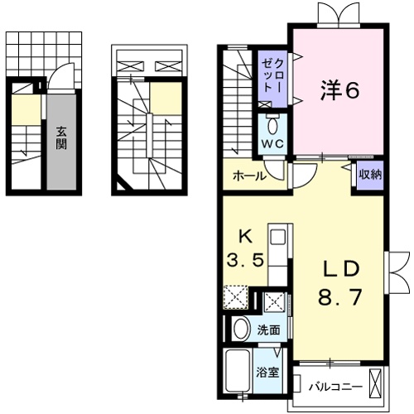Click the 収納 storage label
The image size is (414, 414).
(370, 175)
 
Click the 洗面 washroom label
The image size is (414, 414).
(269, 329)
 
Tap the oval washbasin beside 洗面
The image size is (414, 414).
(241, 330)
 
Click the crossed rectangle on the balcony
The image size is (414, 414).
(376, 384)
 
